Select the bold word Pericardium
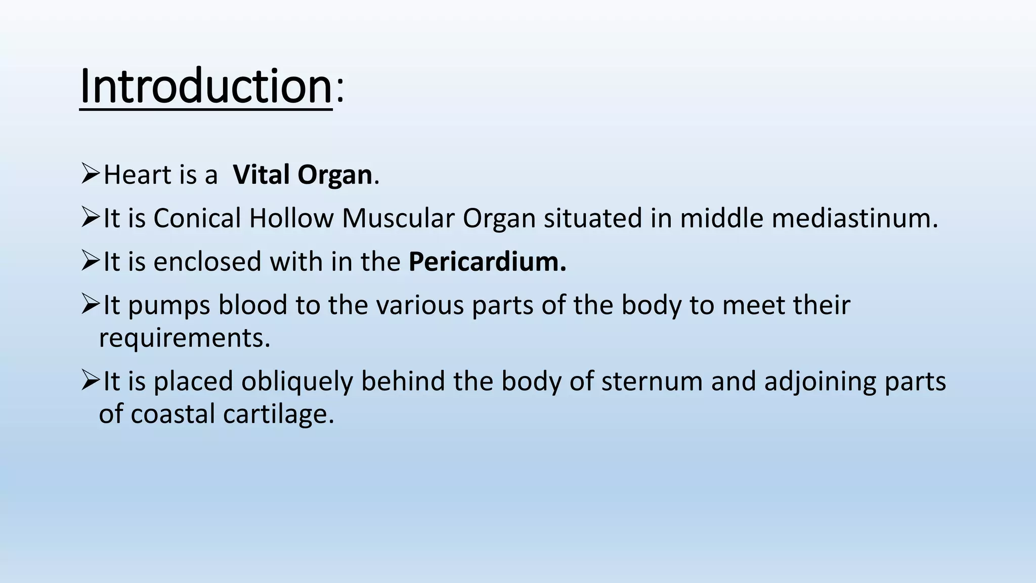click(x=487, y=262)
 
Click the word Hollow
click(x=291, y=219)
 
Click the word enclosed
click(x=207, y=262)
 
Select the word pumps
click(x=168, y=306)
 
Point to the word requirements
click(x=185, y=338)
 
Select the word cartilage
click(x=279, y=414)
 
